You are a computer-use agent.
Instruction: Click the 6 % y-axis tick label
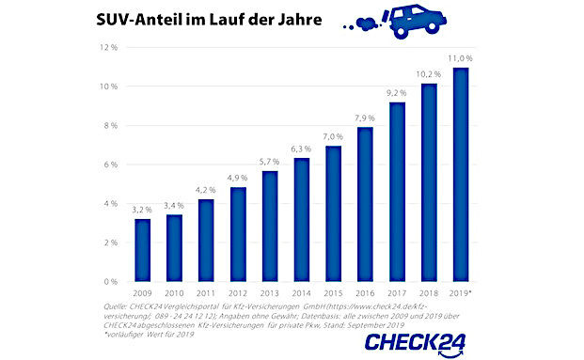coord(107,164)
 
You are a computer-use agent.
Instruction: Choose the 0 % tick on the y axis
coord(107,282)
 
